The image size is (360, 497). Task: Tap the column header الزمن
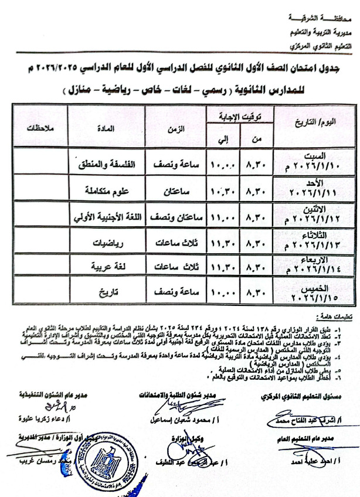tap(179, 127)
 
